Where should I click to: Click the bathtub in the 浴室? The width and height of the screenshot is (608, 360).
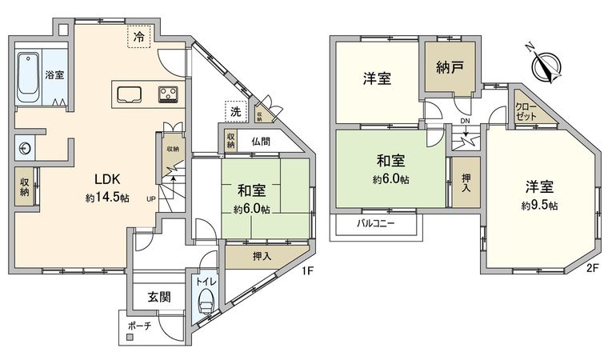pyautogui.click(x=28, y=78)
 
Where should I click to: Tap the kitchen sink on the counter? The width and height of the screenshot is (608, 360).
pyautogui.click(x=129, y=94)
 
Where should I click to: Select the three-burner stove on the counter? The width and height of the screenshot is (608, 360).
pyautogui.click(x=168, y=94)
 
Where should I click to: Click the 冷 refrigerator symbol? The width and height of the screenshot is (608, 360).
pyautogui.click(x=139, y=38)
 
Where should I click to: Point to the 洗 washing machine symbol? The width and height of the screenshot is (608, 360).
pyautogui.click(x=236, y=112)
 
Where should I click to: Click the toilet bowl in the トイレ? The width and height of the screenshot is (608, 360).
pyautogui.click(x=205, y=301)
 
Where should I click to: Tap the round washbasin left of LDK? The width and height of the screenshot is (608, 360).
pyautogui.click(x=25, y=148)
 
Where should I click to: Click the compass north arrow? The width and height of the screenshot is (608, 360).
pyautogui.click(x=545, y=65)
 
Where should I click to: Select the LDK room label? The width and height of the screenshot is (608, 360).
pyautogui.click(x=107, y=179)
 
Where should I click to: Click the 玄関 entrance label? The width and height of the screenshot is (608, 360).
pyautogui.click(x=159, y=297)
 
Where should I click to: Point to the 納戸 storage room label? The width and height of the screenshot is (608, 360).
pyautogui.click(x=450, y=68)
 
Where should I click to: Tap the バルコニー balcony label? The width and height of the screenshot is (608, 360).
pyautogui.click(x=375, y=224)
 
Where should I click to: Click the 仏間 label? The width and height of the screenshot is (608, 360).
pyautogui.click(x=261, y=142)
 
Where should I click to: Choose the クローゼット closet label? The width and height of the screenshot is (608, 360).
pyautogui.click(x=526, y=112)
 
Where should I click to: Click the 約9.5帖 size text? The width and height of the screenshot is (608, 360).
pyautogui.click(x=539, y=206)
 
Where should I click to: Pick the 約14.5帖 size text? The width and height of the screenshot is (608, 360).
pyautogui.click(x=107, y=198)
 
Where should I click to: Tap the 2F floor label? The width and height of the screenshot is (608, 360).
pyautogui.click(x=593, y=268)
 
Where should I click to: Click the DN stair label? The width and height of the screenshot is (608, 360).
pyautogui.click(x=465, y=121)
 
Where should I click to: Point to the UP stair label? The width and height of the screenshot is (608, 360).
pyautogui.click(x=151, y=199)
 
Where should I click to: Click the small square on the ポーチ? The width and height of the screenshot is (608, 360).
pyautogui.click(x=129, y=337)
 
